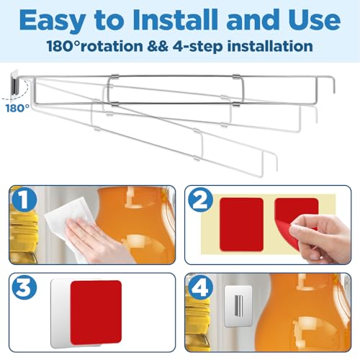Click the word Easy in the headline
point(53,21)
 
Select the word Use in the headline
point(315,19)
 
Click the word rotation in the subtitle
point(112,46)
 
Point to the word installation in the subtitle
point(270,46)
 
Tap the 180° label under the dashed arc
point(17,108)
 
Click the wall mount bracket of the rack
point(14,83)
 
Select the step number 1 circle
point(24,199)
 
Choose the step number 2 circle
point(200,199)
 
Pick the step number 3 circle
point(24,287)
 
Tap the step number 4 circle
point(200,287)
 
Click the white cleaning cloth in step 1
point(70,216)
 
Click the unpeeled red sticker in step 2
point(241,225)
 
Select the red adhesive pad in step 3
point(96,312)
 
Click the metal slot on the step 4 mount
point(238,305)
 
